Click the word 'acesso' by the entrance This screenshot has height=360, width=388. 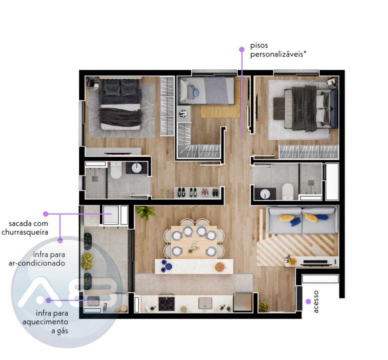pyautogui.click(x=316, y=302)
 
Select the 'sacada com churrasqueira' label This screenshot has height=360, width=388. pyautogui.click(x=25, y=228)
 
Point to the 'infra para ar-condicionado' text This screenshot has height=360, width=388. pyautogui.click(x=37, y=259)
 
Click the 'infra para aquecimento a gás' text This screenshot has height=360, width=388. pyautogui.click(x=46, y=322)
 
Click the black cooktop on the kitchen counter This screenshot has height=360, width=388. pyautogui.click(x=167, y=303)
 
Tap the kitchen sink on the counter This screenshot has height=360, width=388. pyautogui.click(x=206, y=303)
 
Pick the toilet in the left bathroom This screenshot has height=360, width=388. pyautogui.click(x=116, y=170)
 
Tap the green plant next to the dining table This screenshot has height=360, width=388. pyautogui.click(x=145, y=212)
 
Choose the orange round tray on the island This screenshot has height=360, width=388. pyautogui.click(x=219, y=267)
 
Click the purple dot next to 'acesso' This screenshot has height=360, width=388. pyautogui.click(x=308, y=301)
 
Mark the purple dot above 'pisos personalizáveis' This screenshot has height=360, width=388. pyautogui.click(x=242, y=50)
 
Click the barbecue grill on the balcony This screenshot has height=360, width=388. pyautogui.click(x=111, y=215)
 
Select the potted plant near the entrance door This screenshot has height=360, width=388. pyautogui.click(x=264, y=307)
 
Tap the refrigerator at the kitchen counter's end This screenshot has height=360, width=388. pyautogui.click(x=242, y=302)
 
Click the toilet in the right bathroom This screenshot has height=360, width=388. pyautogui.click(x=288, y=191)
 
